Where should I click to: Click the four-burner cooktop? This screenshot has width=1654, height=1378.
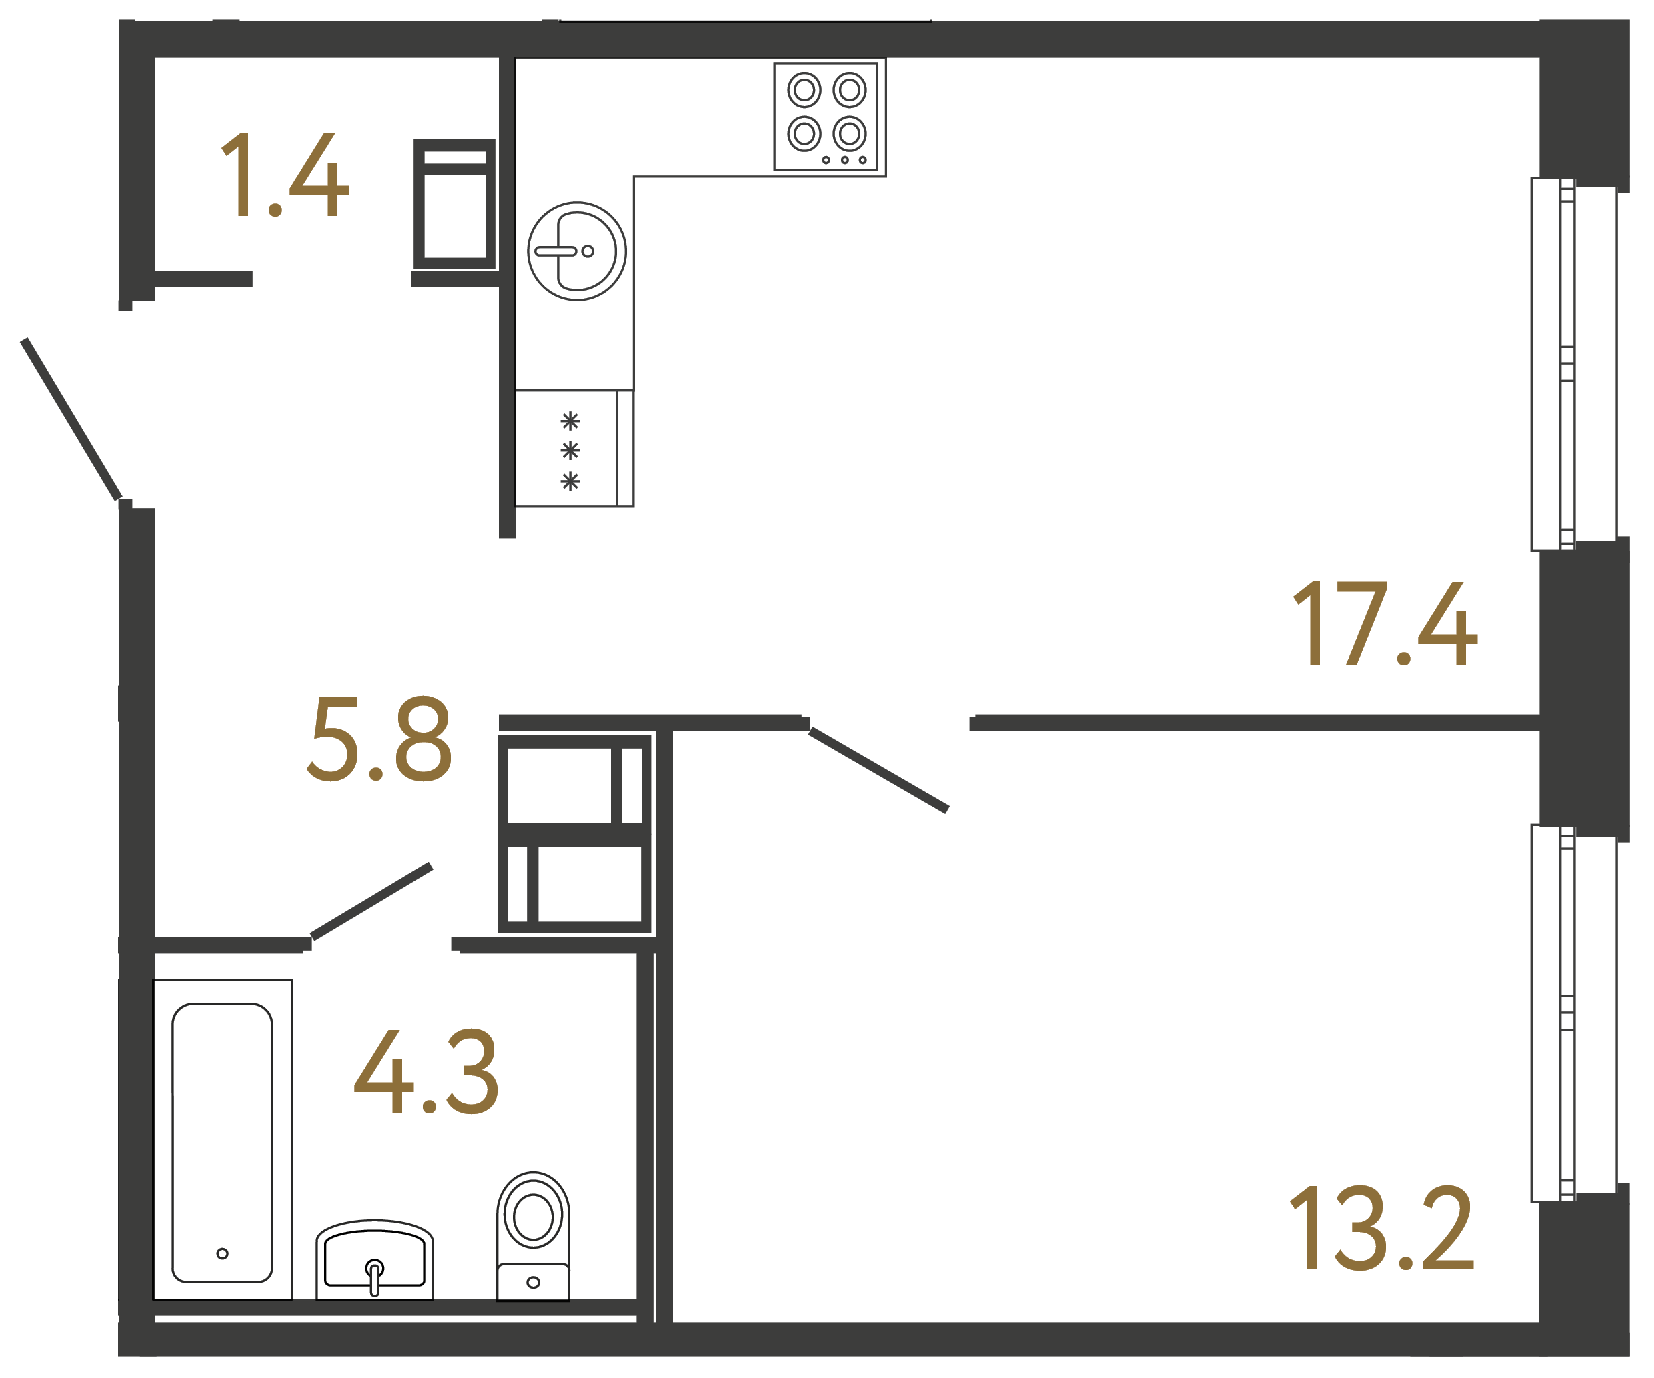coord(826,117)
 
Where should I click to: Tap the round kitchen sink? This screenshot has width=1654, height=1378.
coord(576,251)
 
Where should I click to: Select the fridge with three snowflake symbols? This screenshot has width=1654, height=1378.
coord(574,449)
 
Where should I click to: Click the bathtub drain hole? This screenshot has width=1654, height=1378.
coord(222,1253)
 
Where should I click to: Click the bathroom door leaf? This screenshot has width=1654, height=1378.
coord(371,901)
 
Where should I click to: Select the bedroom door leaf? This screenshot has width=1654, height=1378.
coord(878,770)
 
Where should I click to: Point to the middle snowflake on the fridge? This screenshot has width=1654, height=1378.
coord(570,451)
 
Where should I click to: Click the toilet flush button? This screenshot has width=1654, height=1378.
coord(534,1282)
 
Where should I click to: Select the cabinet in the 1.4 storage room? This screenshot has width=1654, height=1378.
coord(454,205)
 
